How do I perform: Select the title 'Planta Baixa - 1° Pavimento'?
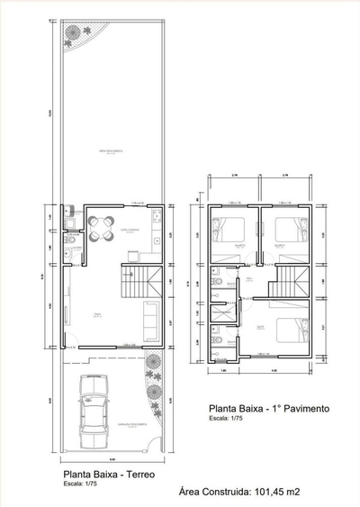pos(269,408)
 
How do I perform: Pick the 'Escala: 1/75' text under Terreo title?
pos(82,484)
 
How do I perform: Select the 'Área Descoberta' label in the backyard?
pos(112,150)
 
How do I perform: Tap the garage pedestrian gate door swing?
pos(152,441)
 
